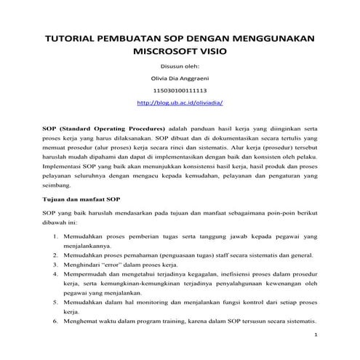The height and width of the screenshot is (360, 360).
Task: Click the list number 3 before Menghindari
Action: click(x=57, y=265)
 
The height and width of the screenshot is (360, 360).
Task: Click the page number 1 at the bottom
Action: click(x=317, y=335)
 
